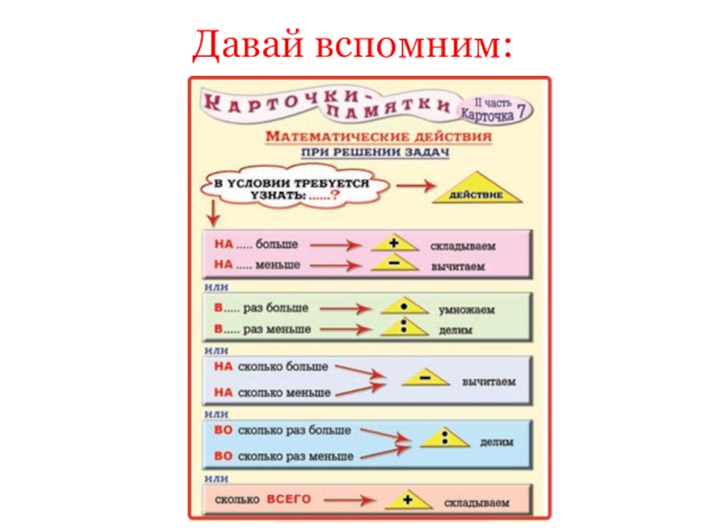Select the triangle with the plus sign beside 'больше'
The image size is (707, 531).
[392, 242]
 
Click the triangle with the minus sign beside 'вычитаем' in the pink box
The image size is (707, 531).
[392, 264]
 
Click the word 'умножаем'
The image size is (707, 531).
[467, 310]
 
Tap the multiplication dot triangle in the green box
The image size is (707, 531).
[402, 308]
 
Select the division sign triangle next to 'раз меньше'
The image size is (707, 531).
[402, 328]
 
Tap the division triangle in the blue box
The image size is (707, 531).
[445, 438]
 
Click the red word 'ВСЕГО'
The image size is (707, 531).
[290, 500]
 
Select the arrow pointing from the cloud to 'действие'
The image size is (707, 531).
[412, 186]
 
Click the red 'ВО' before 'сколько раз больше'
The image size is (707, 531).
[224, 430]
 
